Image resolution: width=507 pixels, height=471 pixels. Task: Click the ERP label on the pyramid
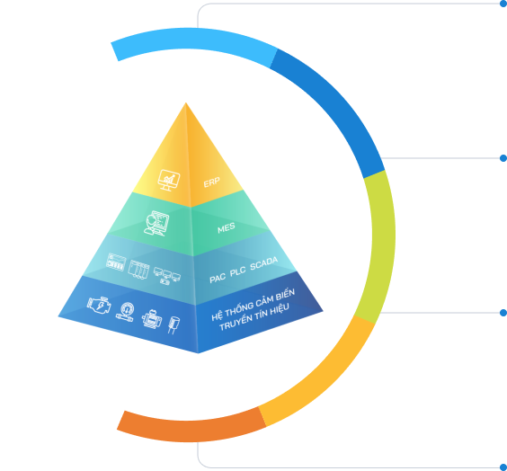tap(211, 182)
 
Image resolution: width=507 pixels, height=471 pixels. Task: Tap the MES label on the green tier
tap(226, 227)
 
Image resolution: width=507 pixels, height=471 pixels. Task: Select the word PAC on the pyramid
tap(218, 278)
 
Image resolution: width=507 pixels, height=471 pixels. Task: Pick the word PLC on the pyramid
tap(237, 271)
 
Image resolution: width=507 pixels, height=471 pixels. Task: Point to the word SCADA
tap(264, 263)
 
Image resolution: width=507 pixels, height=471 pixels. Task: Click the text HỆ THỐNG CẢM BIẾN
tap(253, 305)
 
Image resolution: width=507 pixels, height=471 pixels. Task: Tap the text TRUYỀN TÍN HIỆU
tap(254, 317)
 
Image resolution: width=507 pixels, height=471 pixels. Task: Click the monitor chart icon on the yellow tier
tap(169, 180)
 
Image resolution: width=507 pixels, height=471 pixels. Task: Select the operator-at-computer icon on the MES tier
tap(156, 223)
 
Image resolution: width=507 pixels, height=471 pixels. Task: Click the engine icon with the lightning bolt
tap(99, 305)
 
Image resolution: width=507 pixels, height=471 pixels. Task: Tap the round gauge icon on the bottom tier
tap(125, 312)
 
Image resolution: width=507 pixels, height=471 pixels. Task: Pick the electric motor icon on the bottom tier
tap(152, 319)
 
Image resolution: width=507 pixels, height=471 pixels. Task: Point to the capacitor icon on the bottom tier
tap(173, 324)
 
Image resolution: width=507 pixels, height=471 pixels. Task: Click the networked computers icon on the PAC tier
tap(167, 276)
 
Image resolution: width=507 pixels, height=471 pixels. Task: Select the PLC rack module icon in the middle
tap(138, 270)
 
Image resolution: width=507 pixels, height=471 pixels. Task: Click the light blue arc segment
tap(193, 39)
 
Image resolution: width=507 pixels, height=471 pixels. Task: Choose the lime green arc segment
tap(383, 245)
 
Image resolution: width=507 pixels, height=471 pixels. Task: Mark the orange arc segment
tap(191, 431)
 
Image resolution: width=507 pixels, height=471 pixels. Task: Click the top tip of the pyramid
tap(185, 102)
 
